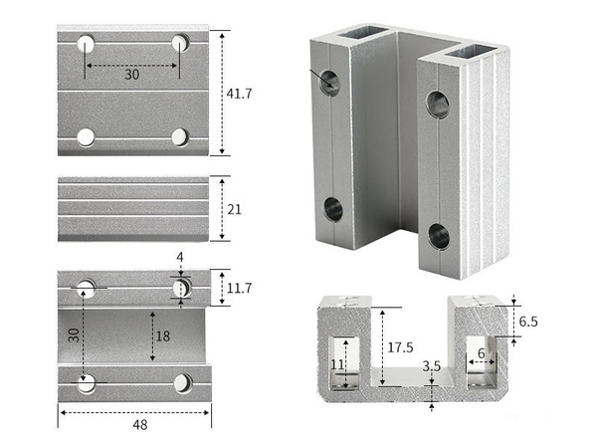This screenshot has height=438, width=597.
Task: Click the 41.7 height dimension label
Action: tap(239, 94)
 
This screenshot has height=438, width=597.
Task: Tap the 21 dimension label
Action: tap(234, 209)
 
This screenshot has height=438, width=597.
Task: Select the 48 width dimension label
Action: tap(140, 425)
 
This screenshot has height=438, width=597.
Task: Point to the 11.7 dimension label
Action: tap(239, 289)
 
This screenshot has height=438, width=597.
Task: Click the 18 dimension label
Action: tap(163, 336)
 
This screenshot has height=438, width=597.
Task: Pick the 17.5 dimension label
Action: tap(400, 347)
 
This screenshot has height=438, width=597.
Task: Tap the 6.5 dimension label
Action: tap(528, 322)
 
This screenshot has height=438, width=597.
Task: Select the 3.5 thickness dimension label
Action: tap(432, 366)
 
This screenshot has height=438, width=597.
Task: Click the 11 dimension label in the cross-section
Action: tap(337, 365)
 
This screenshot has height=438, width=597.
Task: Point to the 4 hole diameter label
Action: tap(180, 258)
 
